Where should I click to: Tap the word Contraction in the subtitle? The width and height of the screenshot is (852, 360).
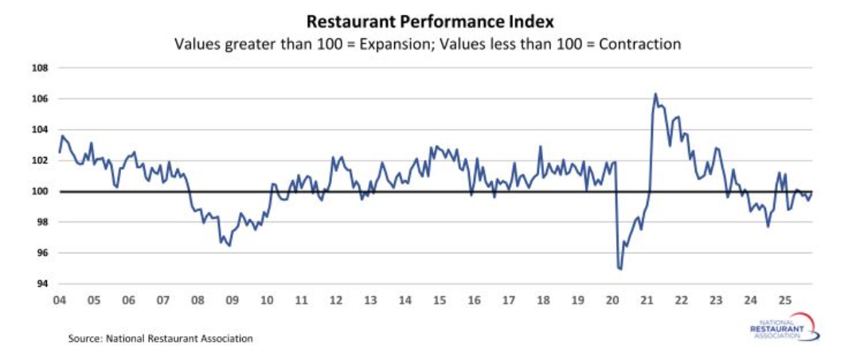click(x=642, y=45)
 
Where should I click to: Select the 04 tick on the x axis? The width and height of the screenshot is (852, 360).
click(x=59, y=300)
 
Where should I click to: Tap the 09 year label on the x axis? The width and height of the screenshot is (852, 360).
click(x=232, y=300)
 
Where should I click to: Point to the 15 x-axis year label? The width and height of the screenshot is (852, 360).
click(x=440, y=300)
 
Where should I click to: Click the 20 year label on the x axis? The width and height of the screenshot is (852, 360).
click(x=612, y=300)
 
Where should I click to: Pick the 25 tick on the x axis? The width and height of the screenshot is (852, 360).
click(x=785, y=300)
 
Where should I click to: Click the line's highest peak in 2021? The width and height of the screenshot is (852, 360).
click(x=655, y=94)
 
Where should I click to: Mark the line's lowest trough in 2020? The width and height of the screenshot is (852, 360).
click(x=620, y=269)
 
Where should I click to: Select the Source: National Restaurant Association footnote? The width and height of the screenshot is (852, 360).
click(x=160, y=338)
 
